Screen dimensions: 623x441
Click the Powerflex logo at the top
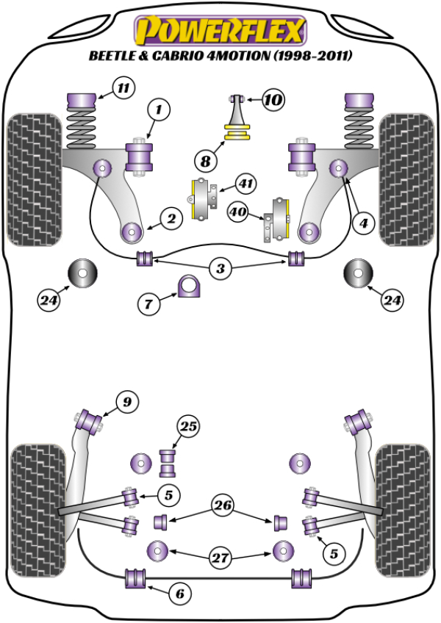tap(220, 30)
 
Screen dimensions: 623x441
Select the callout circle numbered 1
tap(158, 111)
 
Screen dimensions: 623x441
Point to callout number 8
tap(206, 158)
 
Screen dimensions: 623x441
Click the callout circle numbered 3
tap(220, 269)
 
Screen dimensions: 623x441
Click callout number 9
tap(126, 402)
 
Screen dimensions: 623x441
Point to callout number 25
tap(189, 426)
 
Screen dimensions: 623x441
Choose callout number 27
tap(220, 558)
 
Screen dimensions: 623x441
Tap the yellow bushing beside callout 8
tap(237, 133)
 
